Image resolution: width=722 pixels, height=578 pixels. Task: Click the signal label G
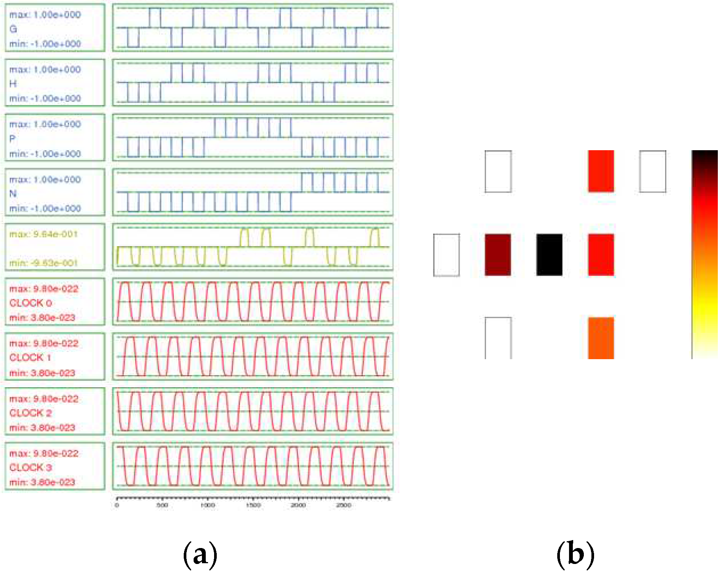pos(13,29)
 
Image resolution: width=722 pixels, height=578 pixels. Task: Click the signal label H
pos(13,84)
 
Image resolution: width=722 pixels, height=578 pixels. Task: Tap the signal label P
pos(13,139)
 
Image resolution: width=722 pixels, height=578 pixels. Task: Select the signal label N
pos(13,194)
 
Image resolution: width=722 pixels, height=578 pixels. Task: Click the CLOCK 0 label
pos(30,303)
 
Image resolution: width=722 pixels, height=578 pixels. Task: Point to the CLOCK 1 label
pos(30,358)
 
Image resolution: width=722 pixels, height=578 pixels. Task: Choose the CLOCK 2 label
pos(30,413)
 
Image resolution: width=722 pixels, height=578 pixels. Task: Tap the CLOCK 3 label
pos(30,467)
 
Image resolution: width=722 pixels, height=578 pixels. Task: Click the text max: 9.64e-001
pos(43,234)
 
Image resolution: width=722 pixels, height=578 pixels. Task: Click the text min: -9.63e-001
pos(43,263)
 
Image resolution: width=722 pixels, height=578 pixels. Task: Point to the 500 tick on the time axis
pos(162,505)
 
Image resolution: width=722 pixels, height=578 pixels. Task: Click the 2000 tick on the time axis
pos(298,505)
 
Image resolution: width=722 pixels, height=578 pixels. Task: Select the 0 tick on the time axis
pos(117,505)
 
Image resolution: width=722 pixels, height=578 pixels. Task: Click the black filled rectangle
pos(549,254)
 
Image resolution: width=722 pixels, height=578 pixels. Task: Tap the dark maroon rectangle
pos(498,254)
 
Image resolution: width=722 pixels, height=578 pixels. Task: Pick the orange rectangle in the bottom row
pos(601,338)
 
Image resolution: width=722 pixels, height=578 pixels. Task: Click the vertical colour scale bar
pos(705,254)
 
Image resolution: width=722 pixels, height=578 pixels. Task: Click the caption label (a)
pos(200,554)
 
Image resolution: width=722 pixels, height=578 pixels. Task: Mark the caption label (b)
pos(575,554)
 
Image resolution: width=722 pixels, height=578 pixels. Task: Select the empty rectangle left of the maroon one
pos(446,254)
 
